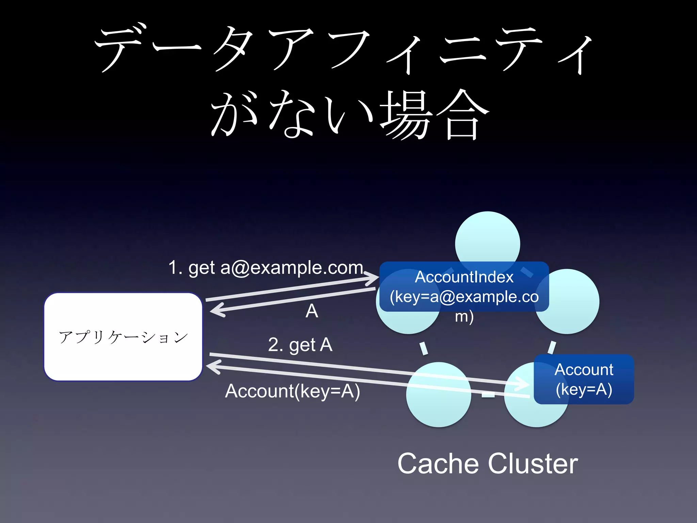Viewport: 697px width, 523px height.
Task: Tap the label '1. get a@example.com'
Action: [x=265, y=268]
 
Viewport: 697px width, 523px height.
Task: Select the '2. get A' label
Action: [x=300, y=345]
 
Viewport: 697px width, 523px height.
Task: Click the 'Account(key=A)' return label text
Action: [x=292, y=391]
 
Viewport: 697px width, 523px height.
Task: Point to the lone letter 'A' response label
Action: [x=312, y=311]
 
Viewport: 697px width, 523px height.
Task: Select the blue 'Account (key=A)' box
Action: [x=584, y=379]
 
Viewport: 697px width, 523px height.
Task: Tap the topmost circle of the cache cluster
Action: [x=487, y=238]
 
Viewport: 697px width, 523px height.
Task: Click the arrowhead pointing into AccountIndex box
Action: [x=374, y=279]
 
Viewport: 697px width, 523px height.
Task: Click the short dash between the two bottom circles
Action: [x=488, y=395]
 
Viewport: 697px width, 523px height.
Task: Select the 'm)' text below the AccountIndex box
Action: [x=464, y=317]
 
